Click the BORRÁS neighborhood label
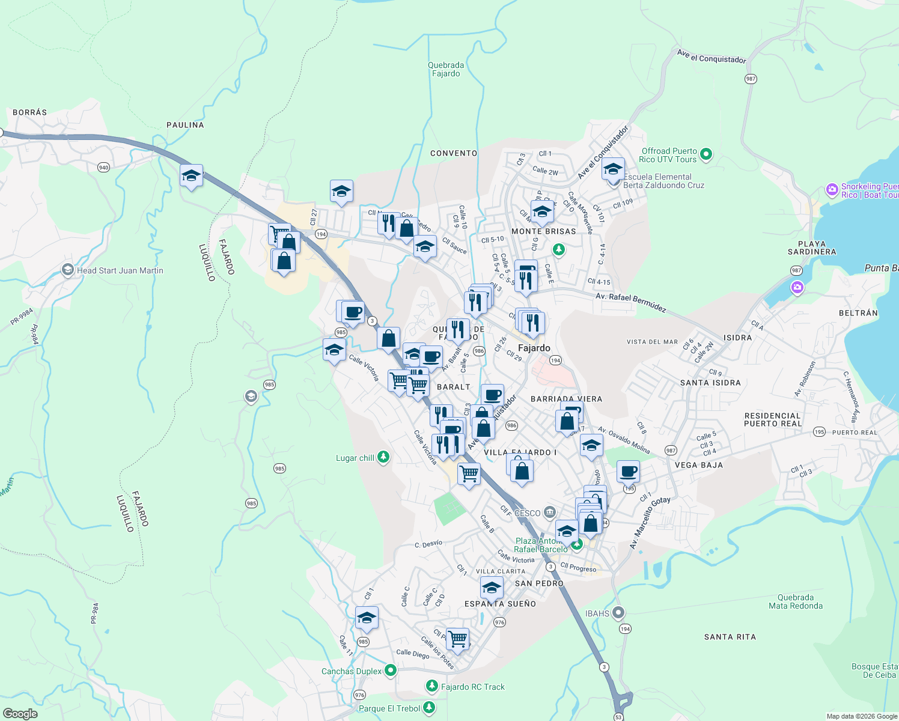29,112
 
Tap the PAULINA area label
185,125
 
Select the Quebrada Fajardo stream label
446,69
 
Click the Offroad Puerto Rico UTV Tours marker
706,154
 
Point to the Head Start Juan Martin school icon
68,270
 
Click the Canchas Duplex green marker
391,670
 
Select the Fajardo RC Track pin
431,686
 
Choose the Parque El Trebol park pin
429,707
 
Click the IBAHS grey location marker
618,613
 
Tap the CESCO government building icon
549,513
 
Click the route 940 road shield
104,167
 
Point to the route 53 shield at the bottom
618,717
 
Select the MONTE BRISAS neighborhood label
543,231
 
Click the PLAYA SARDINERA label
812,248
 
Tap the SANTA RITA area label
730,637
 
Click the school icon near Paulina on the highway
191,176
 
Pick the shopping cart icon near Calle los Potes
457,639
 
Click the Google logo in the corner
20,713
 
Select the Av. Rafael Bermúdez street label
630,302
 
